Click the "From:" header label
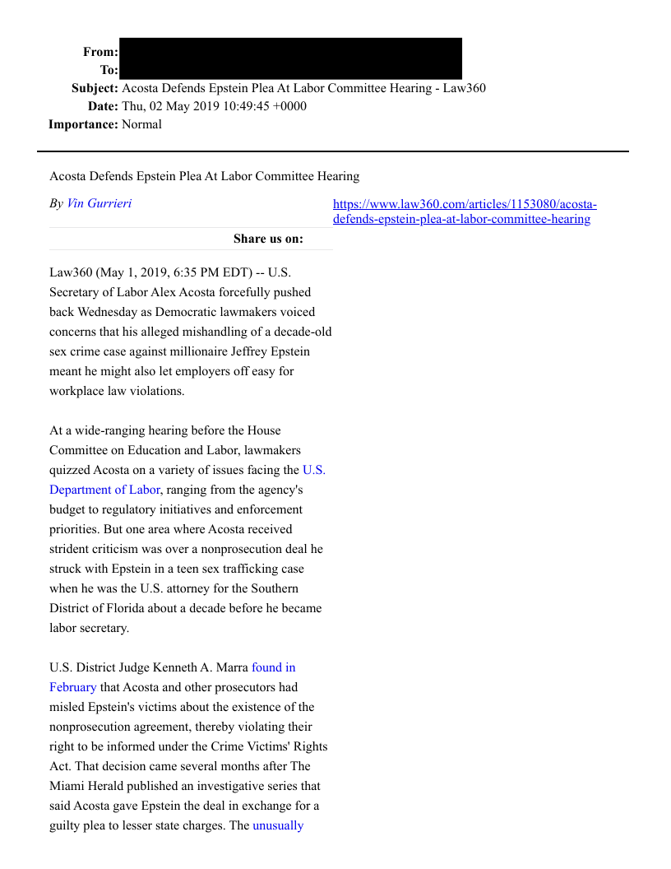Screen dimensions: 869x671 pyautogui.click(x=100, y=52)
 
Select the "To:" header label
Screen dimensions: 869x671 pyautogui.click(x=109, y=71)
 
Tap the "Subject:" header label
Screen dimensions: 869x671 pyautogui.click(x=95, y=88)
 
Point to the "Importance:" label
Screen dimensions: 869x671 pyautogui.click(x=83, y=124)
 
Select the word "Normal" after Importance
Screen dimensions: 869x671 pyautogui.click(x=141, y=124)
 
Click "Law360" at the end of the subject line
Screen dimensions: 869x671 pyautogui.click(x=464, y=88)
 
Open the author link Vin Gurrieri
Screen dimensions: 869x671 pyautogui.click(x=99, y=203)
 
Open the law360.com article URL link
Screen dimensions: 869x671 pyautogui.click(x=465, y=211)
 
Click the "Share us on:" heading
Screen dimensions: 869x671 pyautogui.click(x=268, y=239)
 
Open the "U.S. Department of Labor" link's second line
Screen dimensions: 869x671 pyautogui.click(x=104, y=490)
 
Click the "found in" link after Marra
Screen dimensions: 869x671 pyautogui.click(x=273, y=667)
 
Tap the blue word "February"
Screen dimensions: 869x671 pyautogui.click(x=72, y=687)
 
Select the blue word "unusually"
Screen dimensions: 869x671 pyautogui.click(x=278, y=825)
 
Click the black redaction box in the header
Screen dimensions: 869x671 pyautogui.click(x=290, y=58)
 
